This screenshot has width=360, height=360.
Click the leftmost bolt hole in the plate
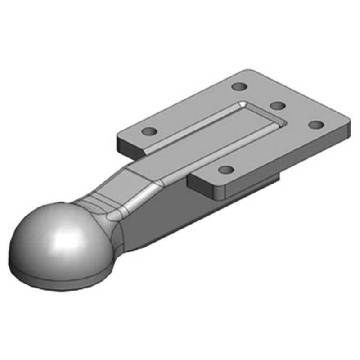click(x=149, y=132)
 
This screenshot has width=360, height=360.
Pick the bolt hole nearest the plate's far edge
click(x=239, y=85)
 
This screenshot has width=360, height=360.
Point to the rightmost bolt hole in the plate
click(x=317, y=124)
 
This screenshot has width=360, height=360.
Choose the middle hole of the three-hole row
click(x=278, y=105)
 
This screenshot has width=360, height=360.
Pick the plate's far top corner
click(x=250, y=71)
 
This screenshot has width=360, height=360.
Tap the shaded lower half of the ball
click(x=49, y=265)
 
